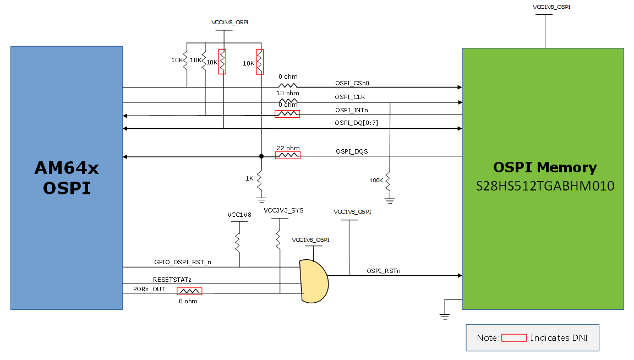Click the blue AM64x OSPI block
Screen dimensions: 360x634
(66, 177)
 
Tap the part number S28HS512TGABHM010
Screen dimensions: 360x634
(545, 187)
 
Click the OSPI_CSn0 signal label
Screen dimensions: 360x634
(352, 83)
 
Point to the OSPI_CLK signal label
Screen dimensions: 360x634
(346, 97)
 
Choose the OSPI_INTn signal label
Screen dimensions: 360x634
(348, 110)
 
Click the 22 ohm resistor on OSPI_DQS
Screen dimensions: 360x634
(288, 156)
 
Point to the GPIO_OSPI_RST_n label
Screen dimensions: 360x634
(182, 262)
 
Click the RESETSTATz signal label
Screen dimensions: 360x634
(172, 280)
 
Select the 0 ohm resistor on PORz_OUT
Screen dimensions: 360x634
(189, 291)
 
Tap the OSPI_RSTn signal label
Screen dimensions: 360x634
(383, 271)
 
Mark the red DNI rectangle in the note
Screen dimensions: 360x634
(513, 337)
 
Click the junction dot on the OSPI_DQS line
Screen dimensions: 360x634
(261, 156)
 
